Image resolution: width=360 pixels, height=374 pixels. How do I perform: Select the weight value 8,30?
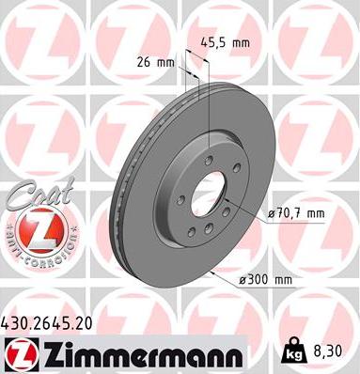(325, 351)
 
